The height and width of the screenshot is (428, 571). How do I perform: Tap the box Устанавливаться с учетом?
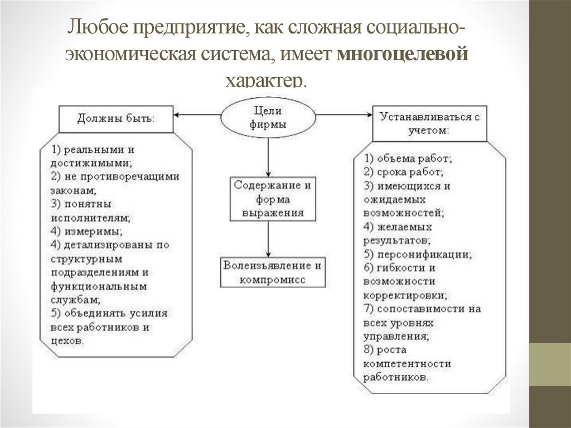tap(429, 123)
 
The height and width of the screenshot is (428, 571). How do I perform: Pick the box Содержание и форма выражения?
tap(272, 199)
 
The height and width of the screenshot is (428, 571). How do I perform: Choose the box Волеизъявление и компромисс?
tap(272, 272)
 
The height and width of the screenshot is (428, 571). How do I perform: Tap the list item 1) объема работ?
tap(408, 158)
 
